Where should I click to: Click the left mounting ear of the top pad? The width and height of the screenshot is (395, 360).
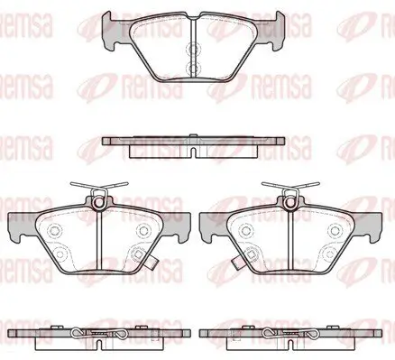[112, 30]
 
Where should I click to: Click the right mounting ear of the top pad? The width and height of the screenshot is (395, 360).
[274, 30]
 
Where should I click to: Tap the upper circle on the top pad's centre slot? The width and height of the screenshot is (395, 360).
[193, 49]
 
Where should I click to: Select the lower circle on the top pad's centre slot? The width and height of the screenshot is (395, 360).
[193, 69]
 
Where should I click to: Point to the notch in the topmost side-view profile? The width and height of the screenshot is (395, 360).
[193, 152]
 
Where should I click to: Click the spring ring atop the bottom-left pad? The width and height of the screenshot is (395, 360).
[99, 202]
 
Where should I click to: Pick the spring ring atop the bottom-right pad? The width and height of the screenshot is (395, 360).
[290, 202]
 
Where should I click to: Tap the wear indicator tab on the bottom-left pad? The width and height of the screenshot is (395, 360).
[154, 262]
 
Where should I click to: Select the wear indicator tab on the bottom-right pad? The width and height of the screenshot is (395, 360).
[237, 262]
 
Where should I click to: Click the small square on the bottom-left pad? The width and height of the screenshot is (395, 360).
[138, 254]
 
